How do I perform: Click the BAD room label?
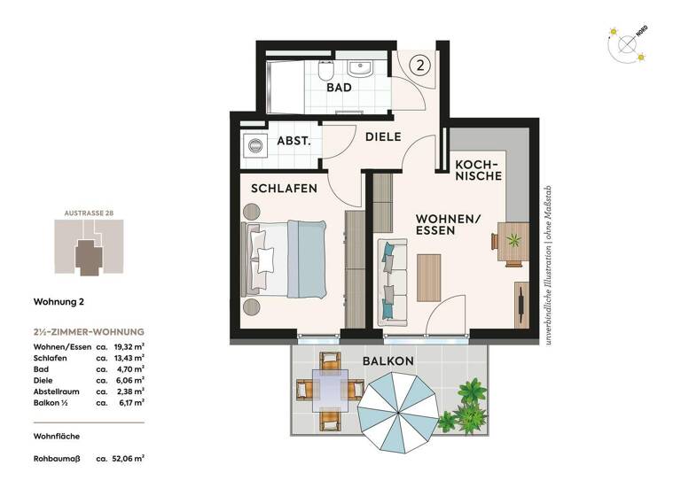pos(339,88)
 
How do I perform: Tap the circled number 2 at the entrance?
pos(422,64)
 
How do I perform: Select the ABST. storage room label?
pos(293,141)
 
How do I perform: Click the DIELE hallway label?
pos(383,137)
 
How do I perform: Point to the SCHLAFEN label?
pos(284,189)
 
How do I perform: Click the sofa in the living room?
pos(392,281)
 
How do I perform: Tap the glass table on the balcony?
pos(330,389)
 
